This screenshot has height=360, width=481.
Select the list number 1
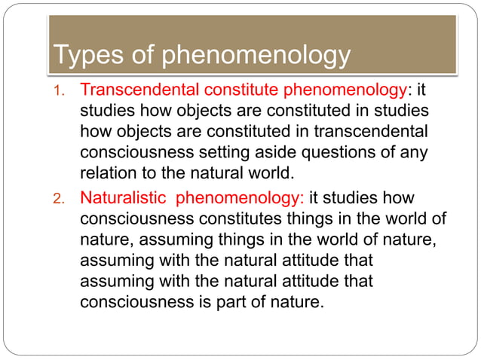(x=60, y=92)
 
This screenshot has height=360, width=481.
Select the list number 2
(x=60, y=199)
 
